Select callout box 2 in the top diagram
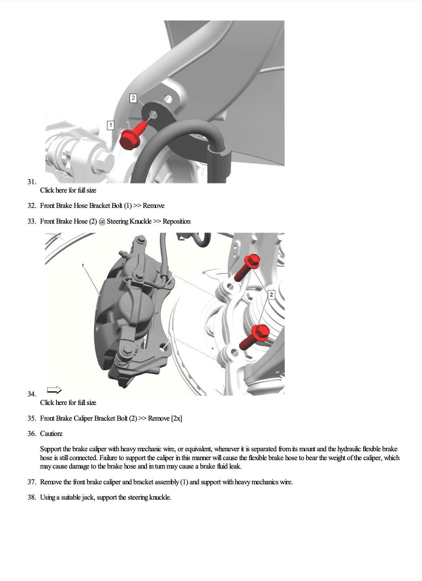tap(133, 98)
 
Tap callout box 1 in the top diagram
tap(111, 125)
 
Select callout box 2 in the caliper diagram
tap(271, 295)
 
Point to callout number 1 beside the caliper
tap(83, 266)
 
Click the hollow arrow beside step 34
tap(54, 390)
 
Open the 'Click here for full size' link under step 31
tap(68, 190)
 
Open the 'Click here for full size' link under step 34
tap(68, 403)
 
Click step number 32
tap(32, 206)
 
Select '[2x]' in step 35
tap(176, 418)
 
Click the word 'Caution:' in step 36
tap(51, 434)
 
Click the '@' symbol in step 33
tap(101, 221)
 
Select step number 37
tap(32, 482)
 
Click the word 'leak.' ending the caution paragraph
tap(234, 466)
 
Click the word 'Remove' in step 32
tap(153, 206)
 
